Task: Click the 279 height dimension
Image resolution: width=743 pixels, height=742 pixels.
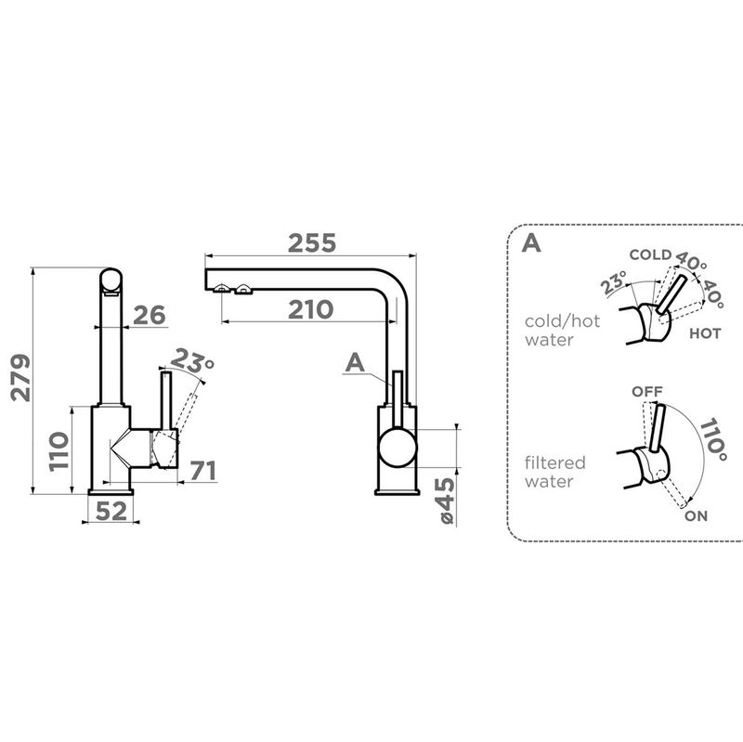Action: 20,378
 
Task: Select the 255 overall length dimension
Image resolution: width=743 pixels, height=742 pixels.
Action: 312,243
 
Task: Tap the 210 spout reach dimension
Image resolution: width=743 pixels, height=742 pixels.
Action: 310,310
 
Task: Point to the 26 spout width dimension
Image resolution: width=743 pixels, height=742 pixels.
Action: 150,315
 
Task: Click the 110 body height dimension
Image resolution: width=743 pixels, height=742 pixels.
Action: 59,451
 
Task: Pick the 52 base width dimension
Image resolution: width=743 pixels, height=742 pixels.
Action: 111,512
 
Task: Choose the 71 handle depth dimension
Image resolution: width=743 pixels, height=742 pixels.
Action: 203,471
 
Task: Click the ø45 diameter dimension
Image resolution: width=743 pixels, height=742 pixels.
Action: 447,501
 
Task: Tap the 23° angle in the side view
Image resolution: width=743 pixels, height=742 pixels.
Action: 192,361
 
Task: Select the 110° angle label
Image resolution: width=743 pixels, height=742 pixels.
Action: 713,439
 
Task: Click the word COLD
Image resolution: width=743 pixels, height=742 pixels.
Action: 650,254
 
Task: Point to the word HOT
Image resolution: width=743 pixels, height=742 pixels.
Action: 705,333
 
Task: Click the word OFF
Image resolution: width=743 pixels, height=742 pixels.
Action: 647,392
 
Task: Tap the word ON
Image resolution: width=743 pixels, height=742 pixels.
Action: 696,516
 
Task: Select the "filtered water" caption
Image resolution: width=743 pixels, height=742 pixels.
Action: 554,472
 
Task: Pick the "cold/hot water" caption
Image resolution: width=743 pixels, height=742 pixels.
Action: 562,331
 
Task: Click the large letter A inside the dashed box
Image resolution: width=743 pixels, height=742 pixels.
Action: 530,243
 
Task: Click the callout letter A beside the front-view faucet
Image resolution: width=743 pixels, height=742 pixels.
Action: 355,363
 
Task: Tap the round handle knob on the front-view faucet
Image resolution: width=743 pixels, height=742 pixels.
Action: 398,448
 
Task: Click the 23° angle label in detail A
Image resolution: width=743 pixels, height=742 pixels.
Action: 613,283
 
